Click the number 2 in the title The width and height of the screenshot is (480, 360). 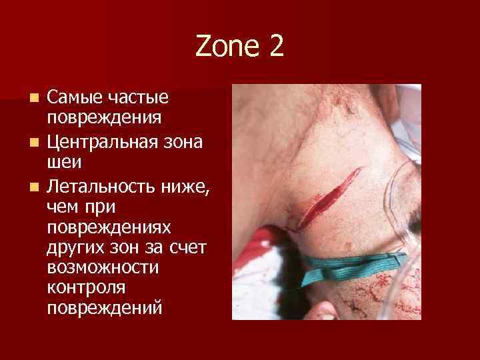(275, 47)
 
